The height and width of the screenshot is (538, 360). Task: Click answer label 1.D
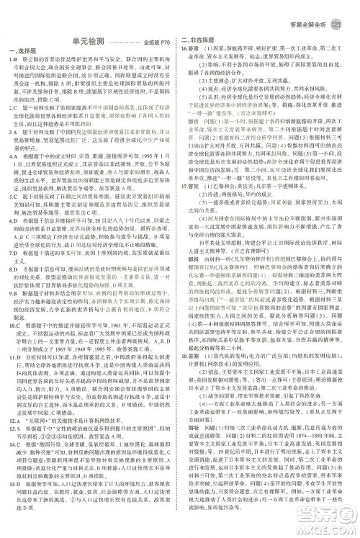pyautogui.click(x=14, y=57)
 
